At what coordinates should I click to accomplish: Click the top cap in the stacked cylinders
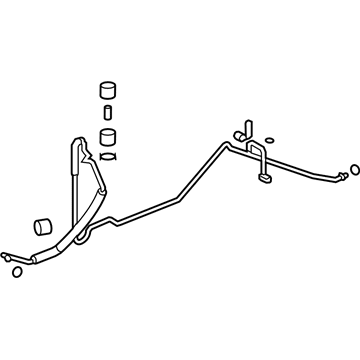point(107,87)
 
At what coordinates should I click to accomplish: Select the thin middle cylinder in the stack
point(107,108)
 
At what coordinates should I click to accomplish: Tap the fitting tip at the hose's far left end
point(9,257)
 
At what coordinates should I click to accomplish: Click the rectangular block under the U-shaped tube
point(265,181)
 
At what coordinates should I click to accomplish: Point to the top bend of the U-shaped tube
point(256,147)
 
